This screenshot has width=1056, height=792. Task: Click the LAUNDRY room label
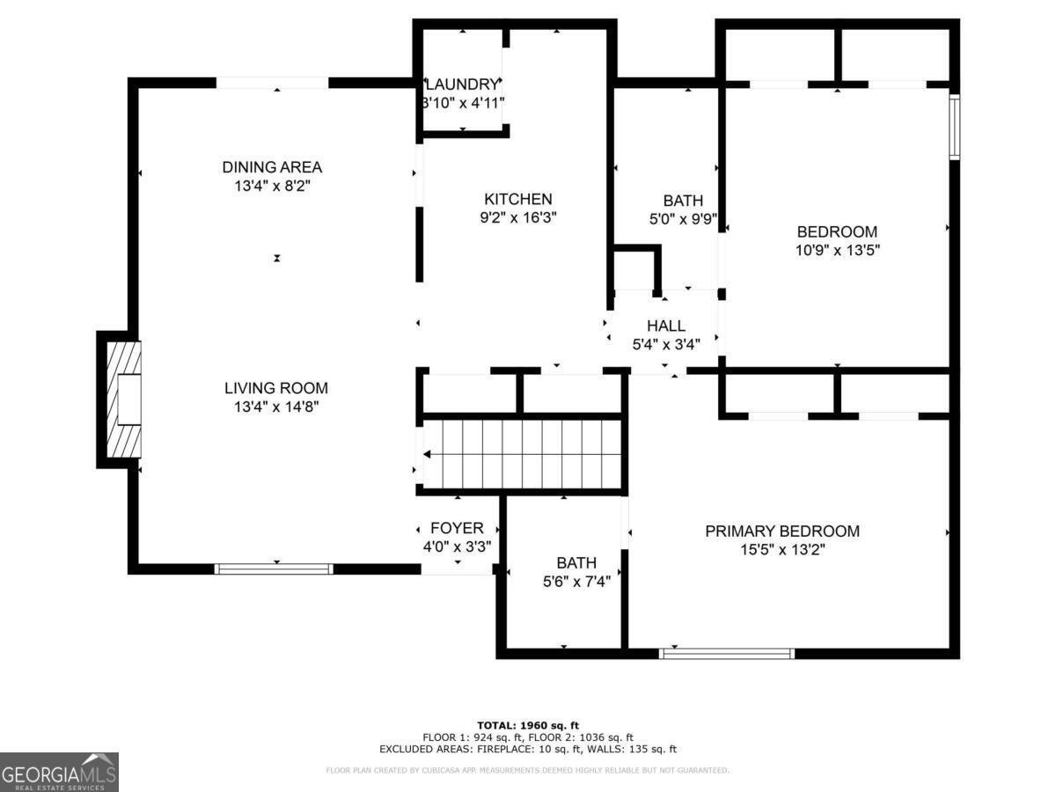(x=462, y=84)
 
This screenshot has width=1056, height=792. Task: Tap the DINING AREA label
(x=272, y=167)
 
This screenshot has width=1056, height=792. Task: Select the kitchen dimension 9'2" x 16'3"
(x=518, y=216)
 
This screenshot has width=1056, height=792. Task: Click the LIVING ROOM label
(x=275, y=388)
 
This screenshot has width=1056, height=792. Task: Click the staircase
(x=523, y=453)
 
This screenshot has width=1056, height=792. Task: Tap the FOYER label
(x=457, y=528)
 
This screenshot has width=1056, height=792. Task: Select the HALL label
(x=665, y=326)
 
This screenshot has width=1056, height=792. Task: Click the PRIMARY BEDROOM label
(x=782, y=532)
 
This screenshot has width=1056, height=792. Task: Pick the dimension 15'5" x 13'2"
(x=782, y=550)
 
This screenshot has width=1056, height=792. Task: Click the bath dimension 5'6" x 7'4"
(x=576, y=581)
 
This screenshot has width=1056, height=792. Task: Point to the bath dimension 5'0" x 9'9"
(x=682, y=219)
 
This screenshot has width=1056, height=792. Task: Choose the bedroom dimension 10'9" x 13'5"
(x=837, y=250)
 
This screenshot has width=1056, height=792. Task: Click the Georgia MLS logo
(x=59, y=772)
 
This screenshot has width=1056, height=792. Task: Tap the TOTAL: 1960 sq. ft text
(x=528, y=724)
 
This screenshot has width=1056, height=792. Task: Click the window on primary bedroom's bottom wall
(x=727, y=654)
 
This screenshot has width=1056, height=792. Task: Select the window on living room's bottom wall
(x=275, y=569)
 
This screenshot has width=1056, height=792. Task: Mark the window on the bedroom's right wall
(x=954, y=127)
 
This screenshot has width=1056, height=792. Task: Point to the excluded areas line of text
(x=528, y=750)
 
